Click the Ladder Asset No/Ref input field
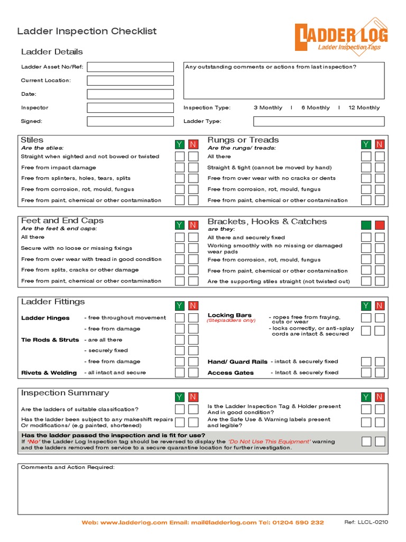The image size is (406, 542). point(130,67)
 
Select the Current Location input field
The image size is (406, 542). point(130,80)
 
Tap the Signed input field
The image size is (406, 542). point(130,121)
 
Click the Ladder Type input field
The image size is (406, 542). point(319,121)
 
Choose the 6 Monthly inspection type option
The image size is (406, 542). point(315,107)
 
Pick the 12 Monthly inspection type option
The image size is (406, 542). point(364,107)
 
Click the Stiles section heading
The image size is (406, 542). point(32,140)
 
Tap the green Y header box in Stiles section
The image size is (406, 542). point(180,144)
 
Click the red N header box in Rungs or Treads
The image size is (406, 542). point(380,144)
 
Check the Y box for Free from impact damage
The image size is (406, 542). point(180,167)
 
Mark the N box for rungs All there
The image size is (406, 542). point(380,157)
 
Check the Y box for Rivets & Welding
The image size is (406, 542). point(180,373)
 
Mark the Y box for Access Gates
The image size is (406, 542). point(366,373)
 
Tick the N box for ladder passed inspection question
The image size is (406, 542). point(380,441)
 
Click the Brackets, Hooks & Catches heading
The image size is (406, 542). point(267,221)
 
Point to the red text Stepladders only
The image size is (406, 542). point(231,321)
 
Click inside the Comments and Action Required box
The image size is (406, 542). point(203,492)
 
